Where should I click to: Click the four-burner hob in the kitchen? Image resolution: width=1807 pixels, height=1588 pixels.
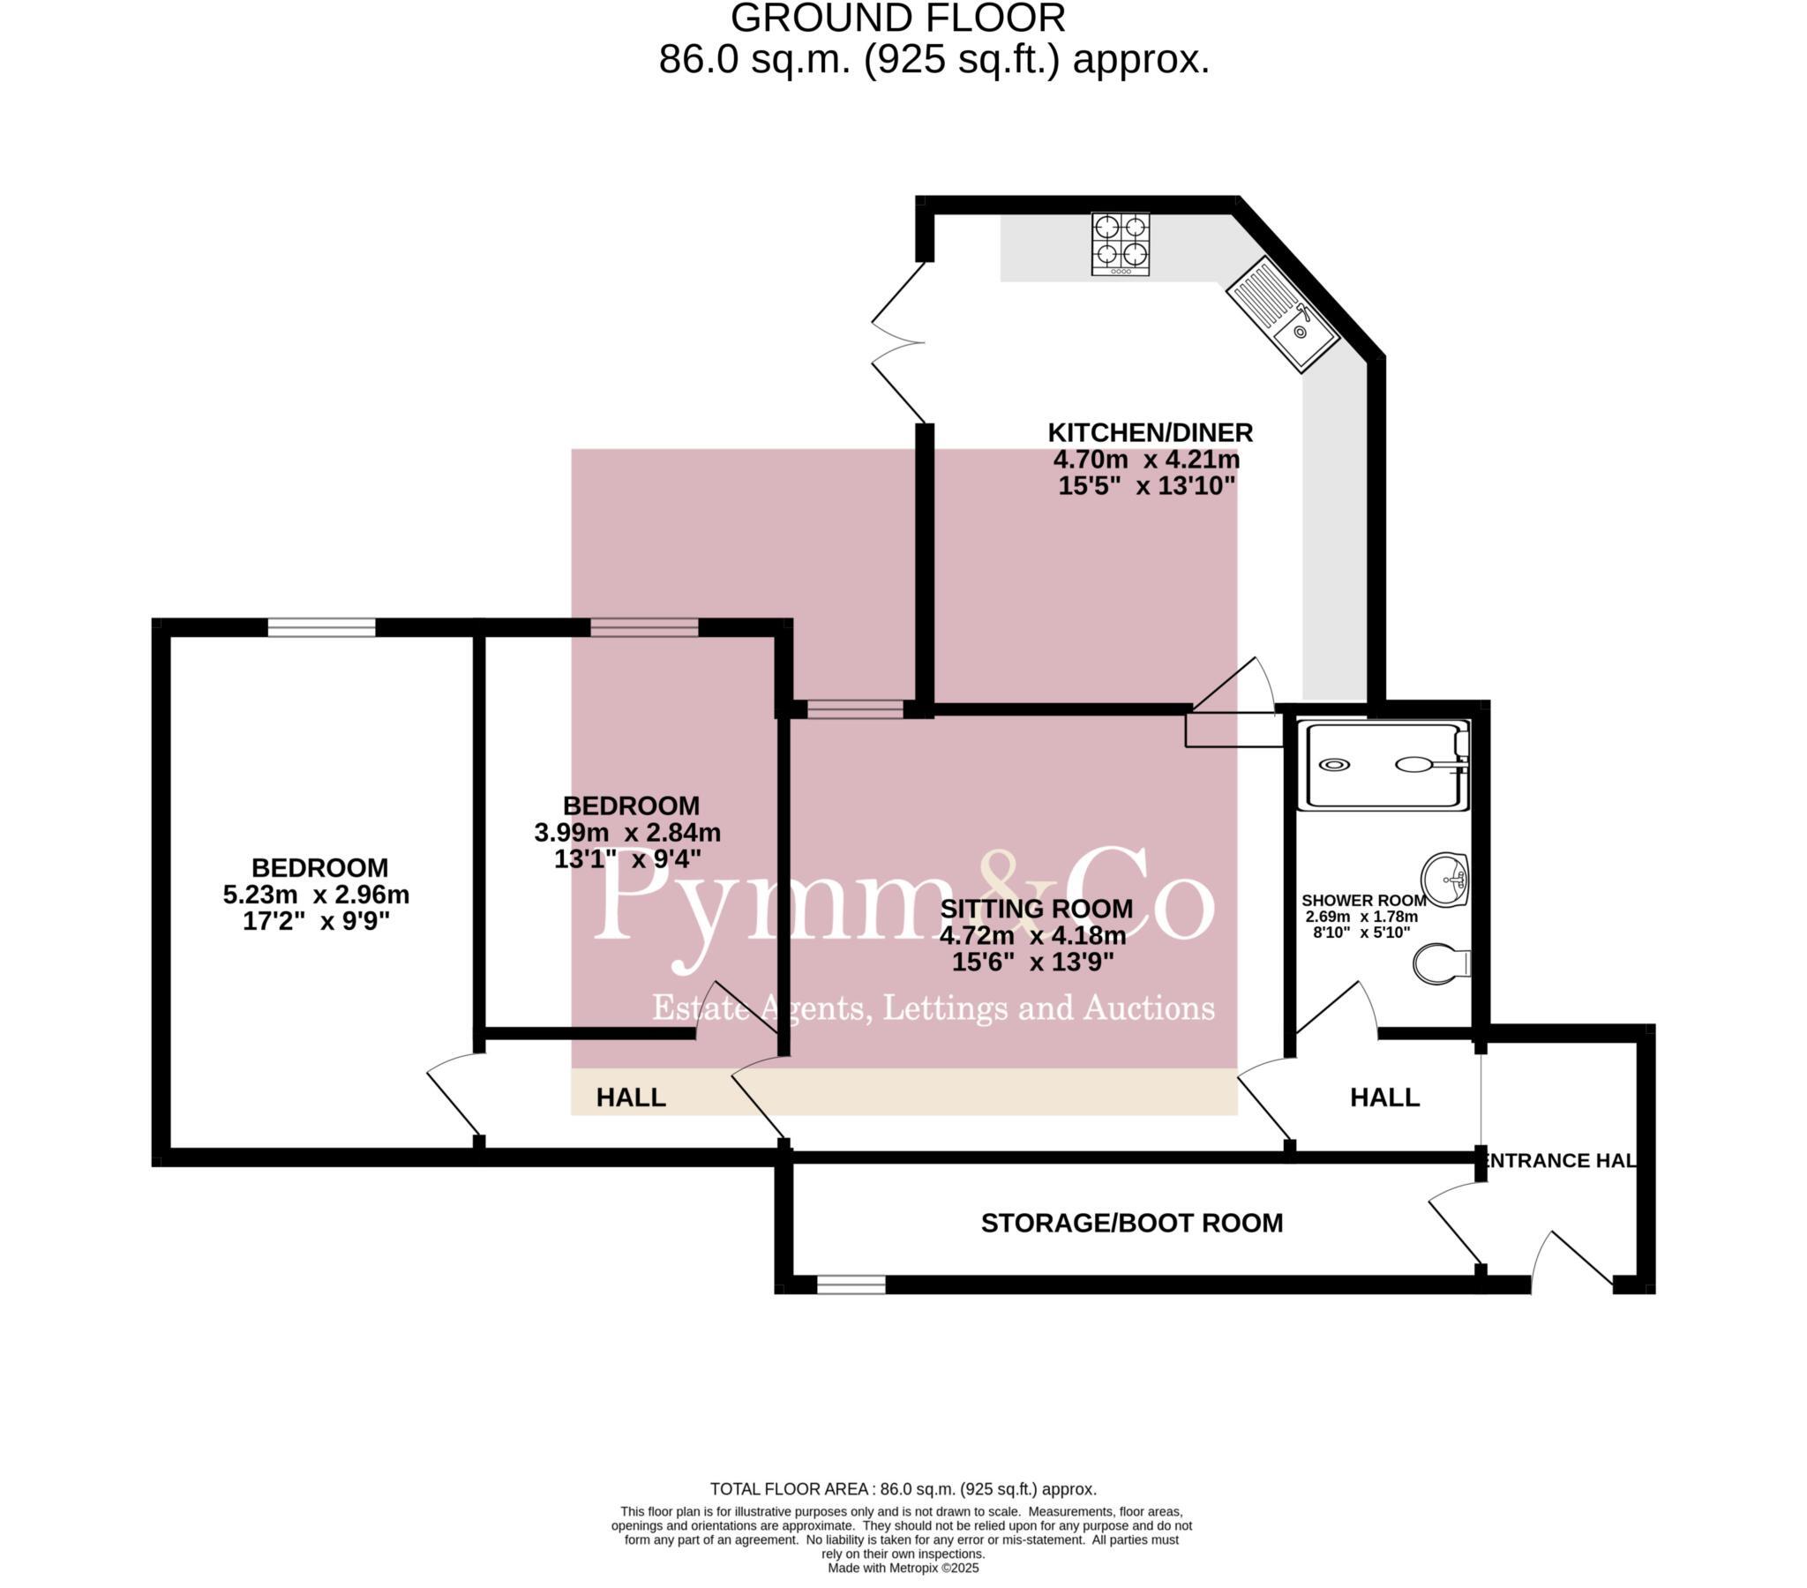point(1120,243)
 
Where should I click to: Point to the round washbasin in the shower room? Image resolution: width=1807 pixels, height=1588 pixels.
point(1443,880)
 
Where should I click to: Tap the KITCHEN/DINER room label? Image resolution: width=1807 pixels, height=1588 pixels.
point(1150,433)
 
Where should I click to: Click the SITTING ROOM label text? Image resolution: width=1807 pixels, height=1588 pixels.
point(1035,908)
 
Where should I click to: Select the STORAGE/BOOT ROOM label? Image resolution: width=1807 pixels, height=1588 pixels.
point(1132,1223)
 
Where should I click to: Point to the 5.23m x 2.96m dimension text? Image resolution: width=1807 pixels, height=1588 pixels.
point(316,895)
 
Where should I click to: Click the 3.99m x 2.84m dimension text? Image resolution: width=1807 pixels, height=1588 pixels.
point(626,832)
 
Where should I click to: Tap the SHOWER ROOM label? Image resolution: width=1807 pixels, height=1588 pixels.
point(1362,900)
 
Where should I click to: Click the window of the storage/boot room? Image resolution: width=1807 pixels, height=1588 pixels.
point(851,1285)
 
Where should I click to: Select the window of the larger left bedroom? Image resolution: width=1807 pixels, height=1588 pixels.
point(321,627)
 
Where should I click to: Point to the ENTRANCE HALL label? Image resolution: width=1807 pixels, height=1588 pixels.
point(1560,1160)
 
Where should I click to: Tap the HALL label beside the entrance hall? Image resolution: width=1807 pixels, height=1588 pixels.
point(1384,1097)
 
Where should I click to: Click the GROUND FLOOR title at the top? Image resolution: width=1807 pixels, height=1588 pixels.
point(897,19)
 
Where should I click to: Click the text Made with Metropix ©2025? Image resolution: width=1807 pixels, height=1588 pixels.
point(903,1568)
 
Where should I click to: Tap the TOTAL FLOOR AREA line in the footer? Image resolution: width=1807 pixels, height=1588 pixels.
point(903,1489)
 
